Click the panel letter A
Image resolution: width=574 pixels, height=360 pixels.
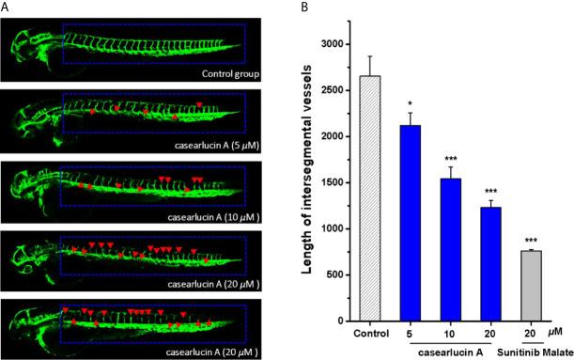[8, 8]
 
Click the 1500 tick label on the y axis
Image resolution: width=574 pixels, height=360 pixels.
[329, 182]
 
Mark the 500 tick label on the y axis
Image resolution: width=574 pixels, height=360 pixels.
[333, 275]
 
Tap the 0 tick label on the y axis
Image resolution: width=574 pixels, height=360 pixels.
[339, 321]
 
